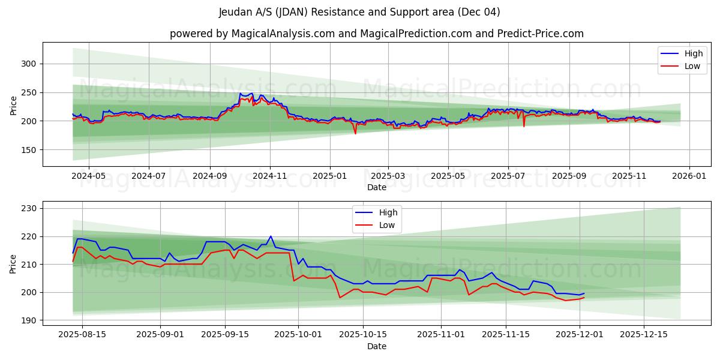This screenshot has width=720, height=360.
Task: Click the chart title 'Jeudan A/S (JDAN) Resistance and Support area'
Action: click(359, 12)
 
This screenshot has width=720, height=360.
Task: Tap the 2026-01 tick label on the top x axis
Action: click(689, 176)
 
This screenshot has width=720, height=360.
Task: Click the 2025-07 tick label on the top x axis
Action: click(508, 176)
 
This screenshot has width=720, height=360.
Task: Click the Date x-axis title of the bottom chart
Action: click(376, 346)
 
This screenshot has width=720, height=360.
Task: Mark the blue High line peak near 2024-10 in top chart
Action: click(241, 93)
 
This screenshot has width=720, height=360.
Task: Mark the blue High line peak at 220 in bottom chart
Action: click(271, 236)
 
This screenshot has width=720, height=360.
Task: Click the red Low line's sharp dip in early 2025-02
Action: click(355, 133)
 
